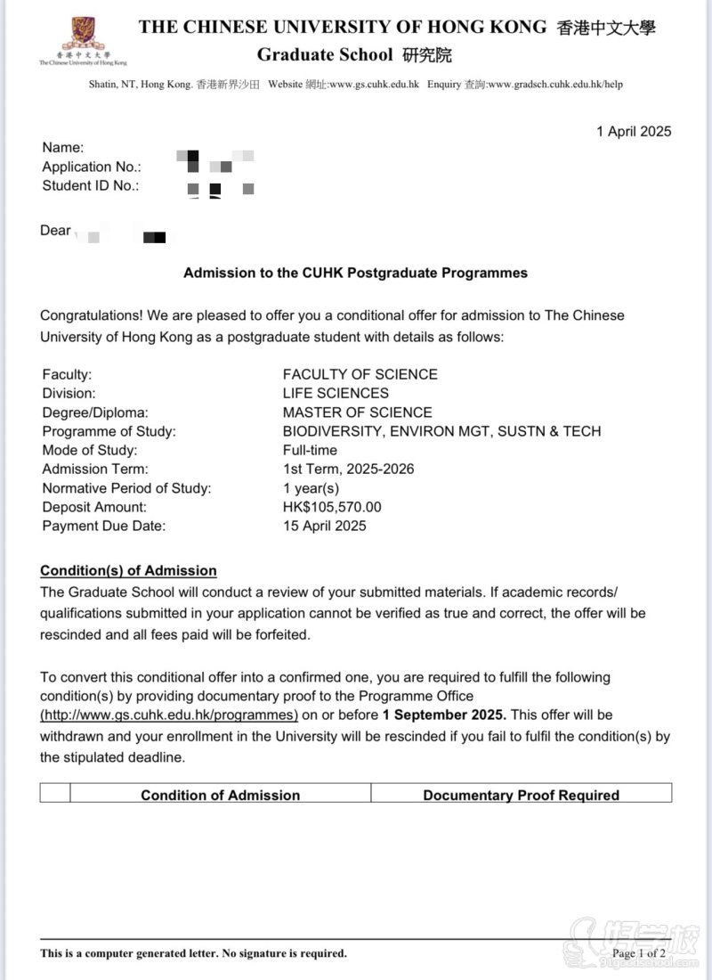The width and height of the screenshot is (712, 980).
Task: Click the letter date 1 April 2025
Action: (634, 132)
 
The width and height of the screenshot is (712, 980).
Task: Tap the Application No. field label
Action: (92, 167)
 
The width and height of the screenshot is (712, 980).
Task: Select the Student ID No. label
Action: (91, 186)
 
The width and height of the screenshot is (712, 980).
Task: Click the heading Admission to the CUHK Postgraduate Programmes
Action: (355, 274)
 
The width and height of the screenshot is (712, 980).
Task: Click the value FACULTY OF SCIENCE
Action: (360, 374)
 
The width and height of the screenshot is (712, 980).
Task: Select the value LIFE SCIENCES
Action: (336, 393)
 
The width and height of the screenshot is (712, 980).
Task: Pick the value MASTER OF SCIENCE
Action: (357, 412)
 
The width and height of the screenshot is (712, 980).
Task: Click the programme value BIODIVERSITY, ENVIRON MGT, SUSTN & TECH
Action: (441, 431)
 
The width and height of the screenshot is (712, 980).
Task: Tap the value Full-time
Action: (310, 450)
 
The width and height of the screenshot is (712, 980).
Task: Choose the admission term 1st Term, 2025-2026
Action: (348, 469)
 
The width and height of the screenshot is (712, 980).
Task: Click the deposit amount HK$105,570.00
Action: (331, 507)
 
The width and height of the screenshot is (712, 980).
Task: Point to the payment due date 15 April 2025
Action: (324, 526)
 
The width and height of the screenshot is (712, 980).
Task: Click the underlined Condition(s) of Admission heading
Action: (128, 571)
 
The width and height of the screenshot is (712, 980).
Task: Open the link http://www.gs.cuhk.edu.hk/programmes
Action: (169, 715)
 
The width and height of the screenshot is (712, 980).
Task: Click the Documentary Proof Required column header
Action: (521, 795)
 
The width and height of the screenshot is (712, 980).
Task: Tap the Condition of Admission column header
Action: (220, 795)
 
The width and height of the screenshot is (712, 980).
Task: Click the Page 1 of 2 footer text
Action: (639, 953)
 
